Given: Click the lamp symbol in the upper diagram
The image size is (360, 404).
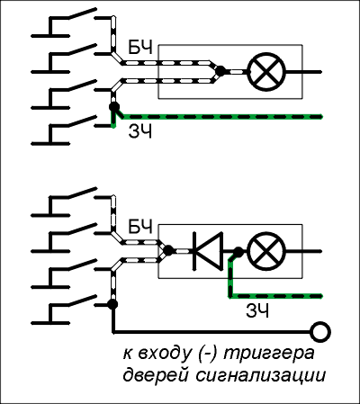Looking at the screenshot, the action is click(x=266, y=72).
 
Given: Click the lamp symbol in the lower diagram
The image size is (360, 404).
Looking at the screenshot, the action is click(x=266, y=251).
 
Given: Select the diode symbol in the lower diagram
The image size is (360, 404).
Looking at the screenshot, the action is click(x=208, y=251).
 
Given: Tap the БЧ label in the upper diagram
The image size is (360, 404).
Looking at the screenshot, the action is click(x=140, y=48).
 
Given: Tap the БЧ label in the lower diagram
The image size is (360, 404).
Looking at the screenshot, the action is click(x=140, y=227).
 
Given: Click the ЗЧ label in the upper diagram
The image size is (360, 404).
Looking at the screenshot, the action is click(x=140, y=131).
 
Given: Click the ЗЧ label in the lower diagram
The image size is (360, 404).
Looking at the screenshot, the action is click(x=257, y=310).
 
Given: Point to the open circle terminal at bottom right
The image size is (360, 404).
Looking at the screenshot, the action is click(x=320, y=332).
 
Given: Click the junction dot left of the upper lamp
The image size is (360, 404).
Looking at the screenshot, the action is click(x=220, y=71).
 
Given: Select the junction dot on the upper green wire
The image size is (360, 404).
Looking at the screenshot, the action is click(x=114, y=107).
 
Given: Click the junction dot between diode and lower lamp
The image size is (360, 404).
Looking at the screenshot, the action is click(x=238, y=251).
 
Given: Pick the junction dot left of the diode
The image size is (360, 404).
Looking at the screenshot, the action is click(x=168, y=250).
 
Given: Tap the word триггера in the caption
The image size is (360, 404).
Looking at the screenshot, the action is click(x=269, y=354).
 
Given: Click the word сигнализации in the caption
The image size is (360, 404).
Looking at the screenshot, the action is click(x=261, y=376).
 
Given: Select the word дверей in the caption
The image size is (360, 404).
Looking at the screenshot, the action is click(x=156, y=376).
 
